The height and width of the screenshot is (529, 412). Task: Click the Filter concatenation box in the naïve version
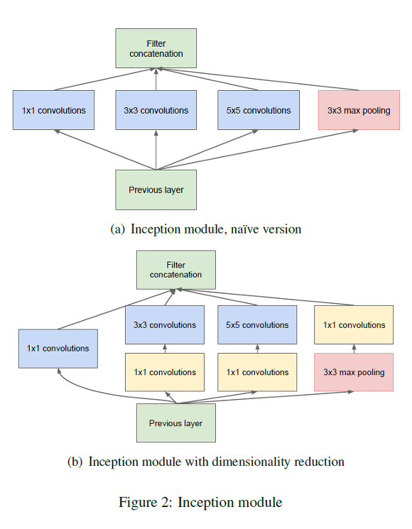(156, 48)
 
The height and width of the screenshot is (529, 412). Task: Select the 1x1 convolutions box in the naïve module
(53, 110)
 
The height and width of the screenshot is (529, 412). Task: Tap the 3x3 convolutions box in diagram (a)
(156, 110)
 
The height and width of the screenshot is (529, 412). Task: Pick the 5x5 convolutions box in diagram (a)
(258, 110)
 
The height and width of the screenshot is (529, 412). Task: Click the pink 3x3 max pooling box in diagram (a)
(359, 110)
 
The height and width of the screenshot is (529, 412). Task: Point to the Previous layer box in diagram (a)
(156, 190)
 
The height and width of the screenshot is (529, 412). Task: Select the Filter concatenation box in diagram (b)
(175, 270)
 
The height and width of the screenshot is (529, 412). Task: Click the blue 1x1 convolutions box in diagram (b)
(58, 348)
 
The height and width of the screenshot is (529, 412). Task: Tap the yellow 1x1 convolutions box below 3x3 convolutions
(165, 372)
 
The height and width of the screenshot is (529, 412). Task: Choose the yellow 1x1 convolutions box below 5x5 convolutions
(257, 372)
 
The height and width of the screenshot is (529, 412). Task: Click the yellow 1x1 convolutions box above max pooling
(354, 325)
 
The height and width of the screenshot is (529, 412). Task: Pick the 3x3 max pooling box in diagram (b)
(354, 372)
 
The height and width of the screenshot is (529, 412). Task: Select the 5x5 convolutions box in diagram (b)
(257, 325)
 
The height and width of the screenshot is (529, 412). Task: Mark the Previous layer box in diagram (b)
(175, 423)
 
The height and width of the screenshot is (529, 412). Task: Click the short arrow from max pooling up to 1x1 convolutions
(354, 349)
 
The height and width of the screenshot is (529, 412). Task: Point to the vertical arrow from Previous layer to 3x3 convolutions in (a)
(156, 151)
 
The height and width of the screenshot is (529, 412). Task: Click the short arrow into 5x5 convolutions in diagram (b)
(257, 349)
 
